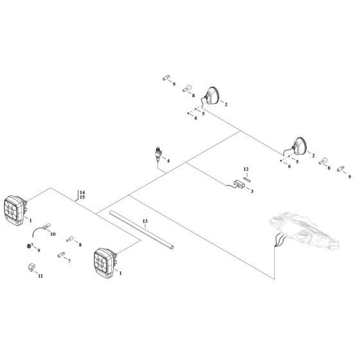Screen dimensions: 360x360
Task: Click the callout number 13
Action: click(145, 221)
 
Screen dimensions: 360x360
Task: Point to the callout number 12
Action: click(246, 168)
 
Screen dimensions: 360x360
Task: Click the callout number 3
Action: click(252, 192)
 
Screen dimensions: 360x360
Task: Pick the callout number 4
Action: click(168, 162)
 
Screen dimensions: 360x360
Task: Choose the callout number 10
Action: click(54, 234)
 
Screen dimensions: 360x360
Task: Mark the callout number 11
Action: click(40, 276)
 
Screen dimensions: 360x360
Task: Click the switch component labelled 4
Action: click(159, 155)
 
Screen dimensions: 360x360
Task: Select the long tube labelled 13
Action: click(141, 231)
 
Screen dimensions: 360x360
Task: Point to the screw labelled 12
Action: click(246, 177)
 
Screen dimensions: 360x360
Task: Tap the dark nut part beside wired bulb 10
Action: click(30, 246)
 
